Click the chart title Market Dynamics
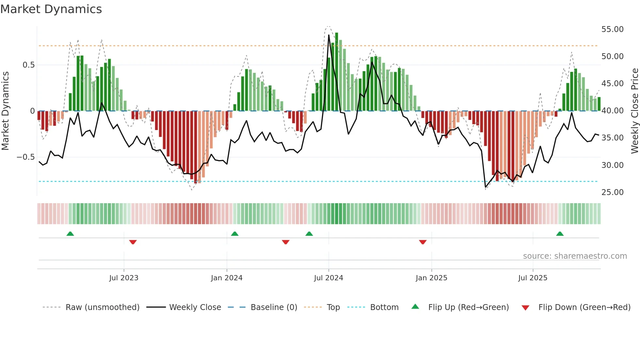coord(51,9)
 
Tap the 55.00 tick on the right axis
coord(612,29)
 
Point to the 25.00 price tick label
coord(612,192)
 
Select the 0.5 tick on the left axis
coord(28,65)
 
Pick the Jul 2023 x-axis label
coord(124,278)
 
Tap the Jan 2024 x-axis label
coord(227,278)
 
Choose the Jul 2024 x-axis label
coord(328,278)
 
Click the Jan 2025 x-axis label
coord(431,278)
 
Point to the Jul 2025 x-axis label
coord(533,278)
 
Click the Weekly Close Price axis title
coord(634,111)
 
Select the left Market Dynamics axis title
coord(5,111)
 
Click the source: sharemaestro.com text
coord(575,256)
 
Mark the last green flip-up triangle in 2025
coord(560,234)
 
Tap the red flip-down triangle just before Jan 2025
coord(423,242)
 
